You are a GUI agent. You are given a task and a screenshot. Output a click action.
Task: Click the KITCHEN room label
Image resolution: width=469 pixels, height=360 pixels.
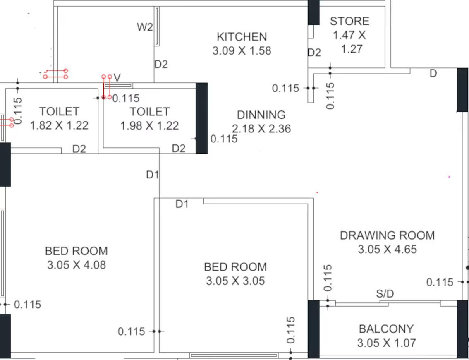(242, 37)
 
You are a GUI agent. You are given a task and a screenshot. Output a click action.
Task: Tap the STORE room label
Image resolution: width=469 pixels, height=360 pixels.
(349, 21)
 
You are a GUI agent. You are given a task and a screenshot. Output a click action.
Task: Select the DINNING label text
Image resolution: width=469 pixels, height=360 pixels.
(261, 115)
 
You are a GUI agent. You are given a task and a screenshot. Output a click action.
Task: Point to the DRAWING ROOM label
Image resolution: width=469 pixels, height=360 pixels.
(387, 235)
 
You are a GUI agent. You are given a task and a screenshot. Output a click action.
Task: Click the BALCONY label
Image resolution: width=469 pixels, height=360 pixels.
(386, 329)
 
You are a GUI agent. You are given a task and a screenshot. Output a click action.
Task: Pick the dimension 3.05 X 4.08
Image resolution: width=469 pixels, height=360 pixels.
(77, 265)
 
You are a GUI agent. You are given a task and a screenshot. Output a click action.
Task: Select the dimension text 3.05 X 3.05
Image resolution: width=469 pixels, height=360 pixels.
(235, 281)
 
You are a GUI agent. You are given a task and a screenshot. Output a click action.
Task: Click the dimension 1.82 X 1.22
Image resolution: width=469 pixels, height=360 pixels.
(59, 125)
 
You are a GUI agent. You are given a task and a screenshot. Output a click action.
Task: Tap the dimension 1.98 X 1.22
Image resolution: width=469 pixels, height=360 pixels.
(149, 125)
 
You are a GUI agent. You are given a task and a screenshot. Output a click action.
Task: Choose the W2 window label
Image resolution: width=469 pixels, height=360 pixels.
(145, 28)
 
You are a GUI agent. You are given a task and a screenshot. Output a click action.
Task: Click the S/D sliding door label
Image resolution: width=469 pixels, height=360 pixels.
(385, 294)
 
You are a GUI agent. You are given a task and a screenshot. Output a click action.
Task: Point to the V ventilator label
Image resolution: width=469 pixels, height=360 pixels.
(117, 78)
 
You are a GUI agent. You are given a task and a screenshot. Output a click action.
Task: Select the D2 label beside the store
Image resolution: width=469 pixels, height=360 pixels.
(314, 53)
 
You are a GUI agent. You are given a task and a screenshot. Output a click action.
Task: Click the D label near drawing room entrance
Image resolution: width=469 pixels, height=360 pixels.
(433, 74)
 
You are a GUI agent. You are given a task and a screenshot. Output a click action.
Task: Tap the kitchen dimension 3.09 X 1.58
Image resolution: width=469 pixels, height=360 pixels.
(242, 50)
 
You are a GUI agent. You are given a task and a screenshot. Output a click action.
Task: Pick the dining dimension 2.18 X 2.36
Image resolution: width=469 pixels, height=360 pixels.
(261, 129)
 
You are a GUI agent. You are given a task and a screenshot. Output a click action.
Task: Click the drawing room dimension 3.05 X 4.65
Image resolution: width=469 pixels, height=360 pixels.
(387, 250)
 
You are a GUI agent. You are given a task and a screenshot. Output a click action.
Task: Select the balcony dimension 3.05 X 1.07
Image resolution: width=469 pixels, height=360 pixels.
(386, 343)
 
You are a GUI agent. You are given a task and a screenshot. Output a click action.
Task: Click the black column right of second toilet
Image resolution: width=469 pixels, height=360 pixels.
(201, 118)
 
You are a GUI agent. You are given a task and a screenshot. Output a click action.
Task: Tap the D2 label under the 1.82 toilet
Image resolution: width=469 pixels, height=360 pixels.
(79, 149)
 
